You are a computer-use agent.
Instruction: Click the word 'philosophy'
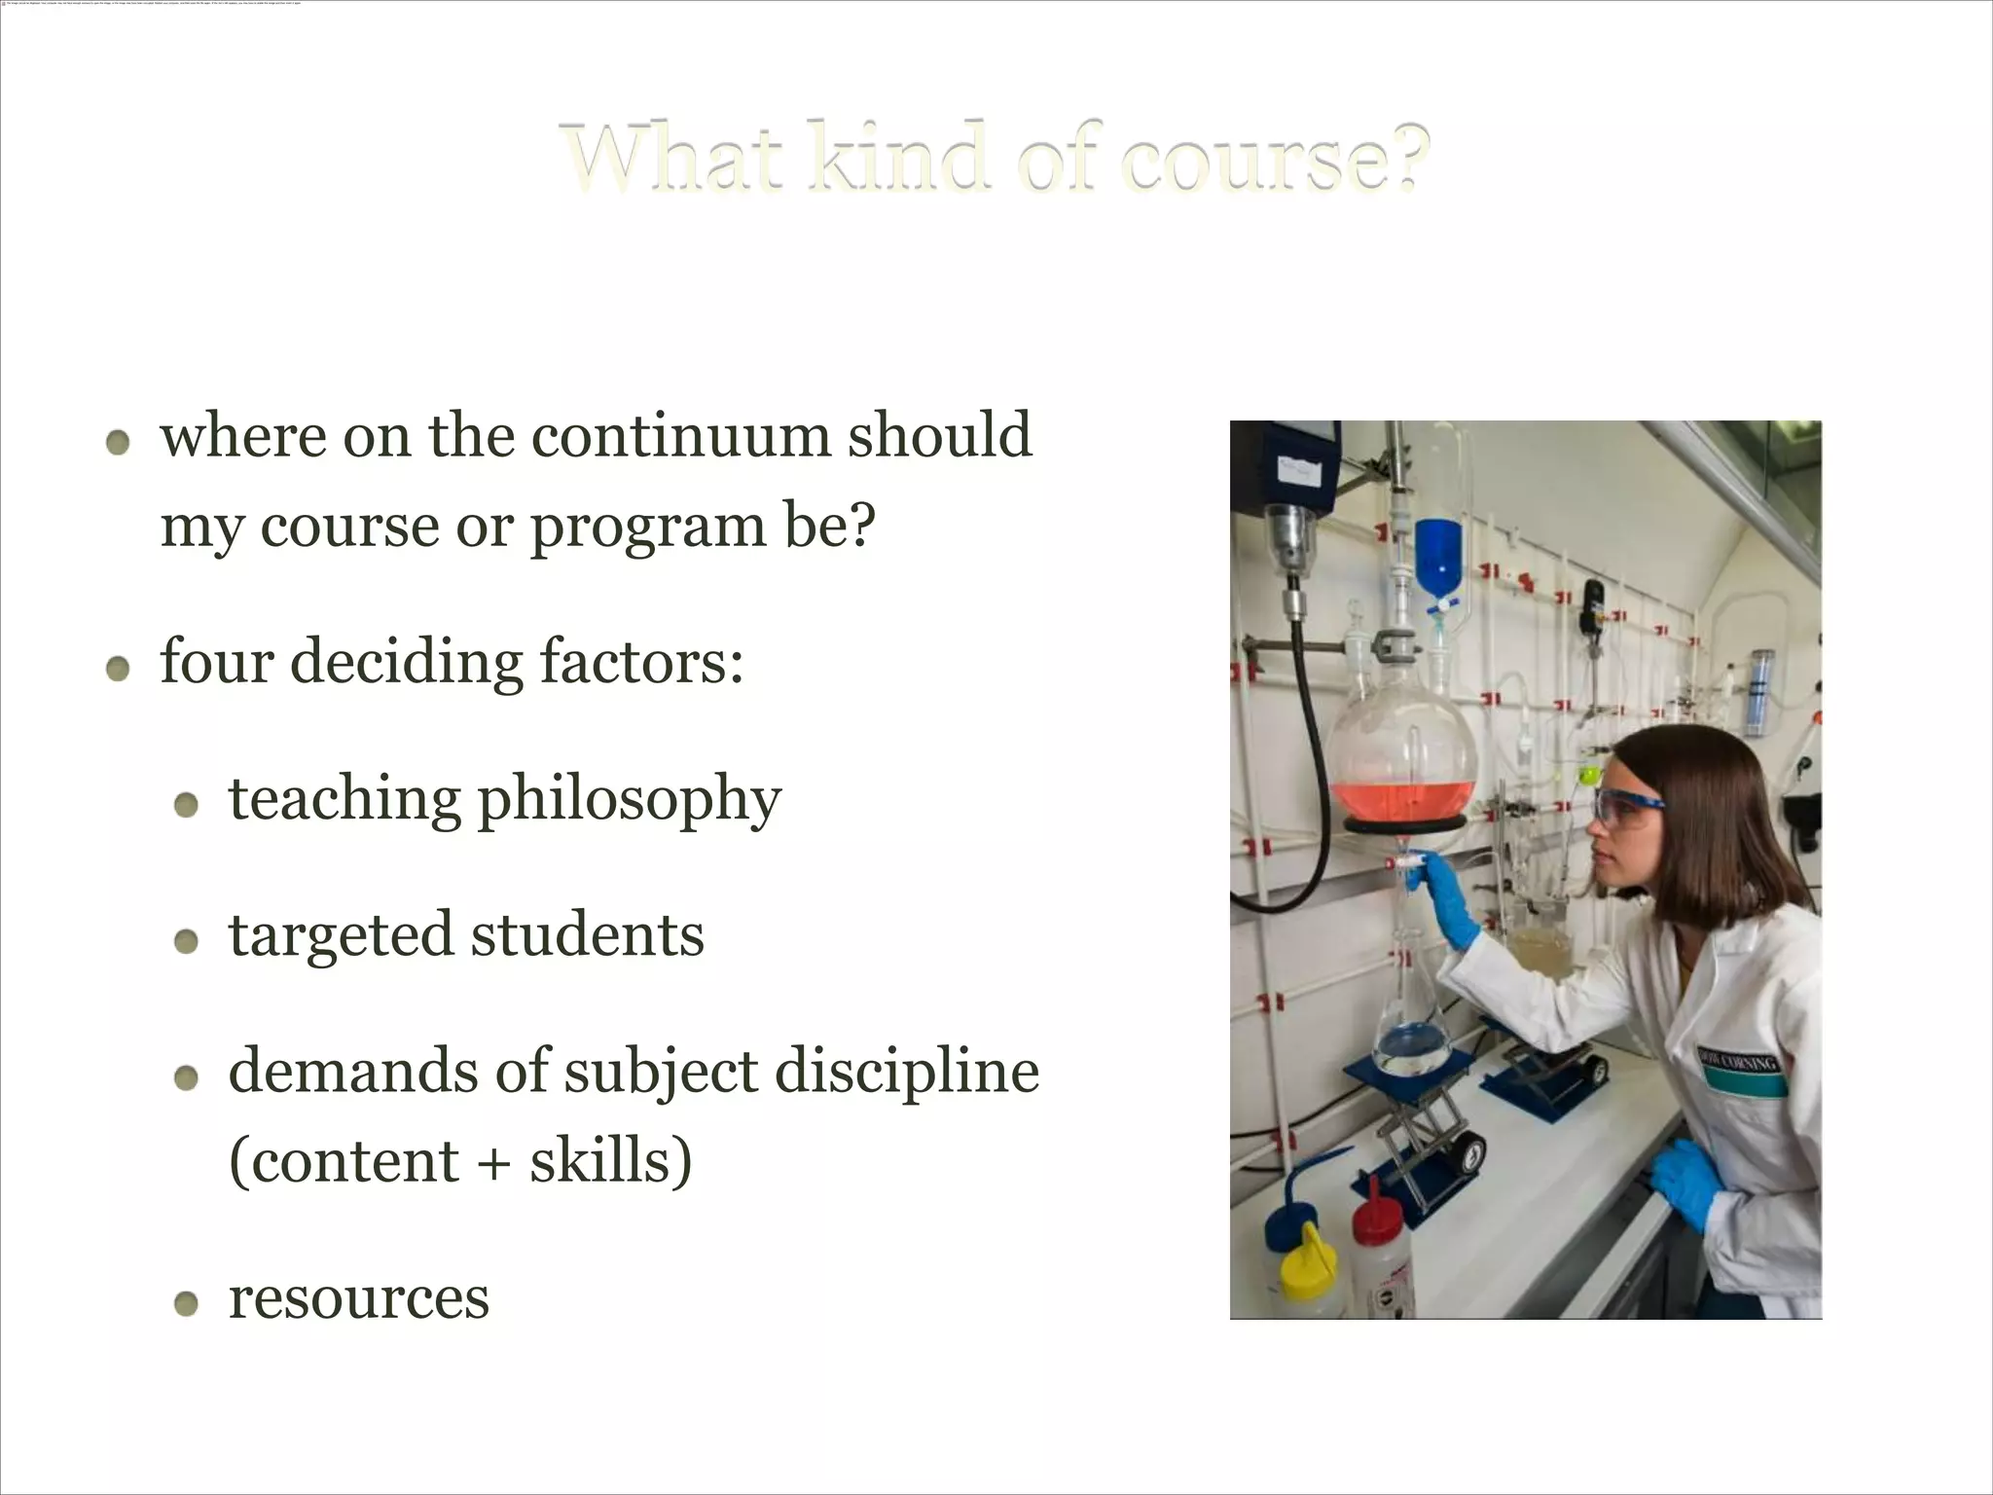point(629,800)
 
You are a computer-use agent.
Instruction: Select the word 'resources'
point(358,1297)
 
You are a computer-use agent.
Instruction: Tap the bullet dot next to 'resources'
point(186,1303)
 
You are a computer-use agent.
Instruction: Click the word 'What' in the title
point(673,158)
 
